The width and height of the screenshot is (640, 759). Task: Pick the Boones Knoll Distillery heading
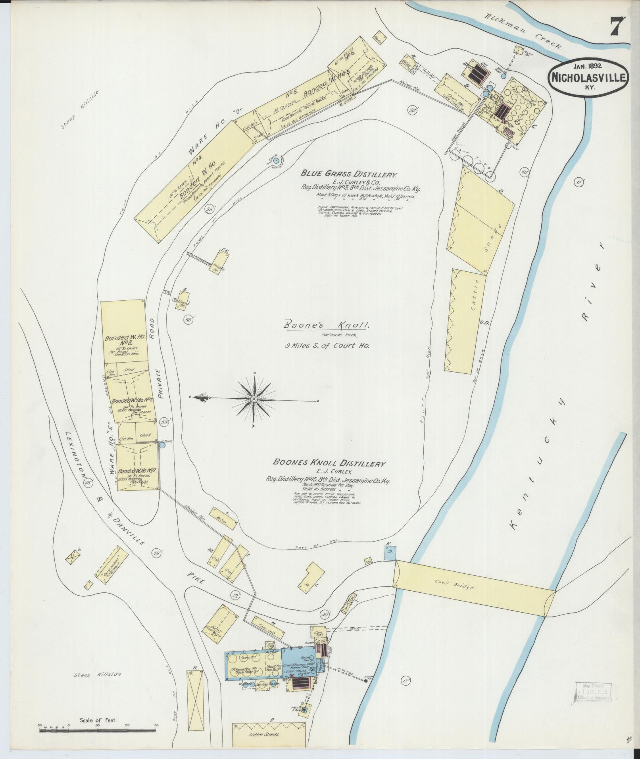click(x=329, y=463)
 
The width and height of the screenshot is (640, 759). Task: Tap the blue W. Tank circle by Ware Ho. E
click(x=162, y=445)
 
